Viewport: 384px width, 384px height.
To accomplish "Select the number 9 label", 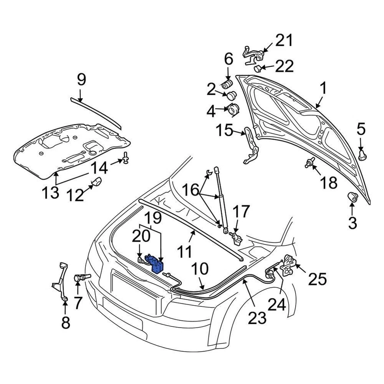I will tap(81, 80).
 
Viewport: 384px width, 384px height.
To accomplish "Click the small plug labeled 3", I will tap(352, 197).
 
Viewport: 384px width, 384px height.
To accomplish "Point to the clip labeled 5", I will tap(362, 154).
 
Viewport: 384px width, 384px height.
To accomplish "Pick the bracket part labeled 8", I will tap(60, 280).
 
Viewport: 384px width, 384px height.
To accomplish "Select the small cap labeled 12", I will tap(96, 183).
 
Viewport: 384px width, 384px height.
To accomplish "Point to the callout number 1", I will tap(322, 89).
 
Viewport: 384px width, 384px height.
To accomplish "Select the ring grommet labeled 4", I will tap(232, 108).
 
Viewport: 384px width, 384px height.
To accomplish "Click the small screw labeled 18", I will tap(310, 162).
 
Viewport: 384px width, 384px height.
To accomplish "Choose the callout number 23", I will tap(257, 318).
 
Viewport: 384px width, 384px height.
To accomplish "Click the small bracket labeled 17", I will tap(236, 238).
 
